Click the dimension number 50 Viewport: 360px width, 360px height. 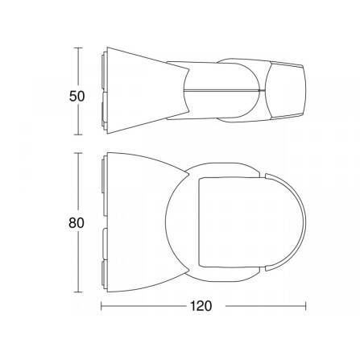77,97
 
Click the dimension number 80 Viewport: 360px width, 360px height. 77,223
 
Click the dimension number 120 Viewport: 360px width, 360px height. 201,306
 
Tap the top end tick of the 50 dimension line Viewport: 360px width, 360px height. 78,48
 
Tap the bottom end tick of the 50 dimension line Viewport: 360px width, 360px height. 78,134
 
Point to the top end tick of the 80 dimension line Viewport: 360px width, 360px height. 78,153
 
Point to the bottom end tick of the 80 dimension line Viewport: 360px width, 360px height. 78,292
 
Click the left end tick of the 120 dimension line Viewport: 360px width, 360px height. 101,306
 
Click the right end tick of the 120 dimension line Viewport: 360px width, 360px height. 305,306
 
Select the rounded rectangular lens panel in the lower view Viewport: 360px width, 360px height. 231,222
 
